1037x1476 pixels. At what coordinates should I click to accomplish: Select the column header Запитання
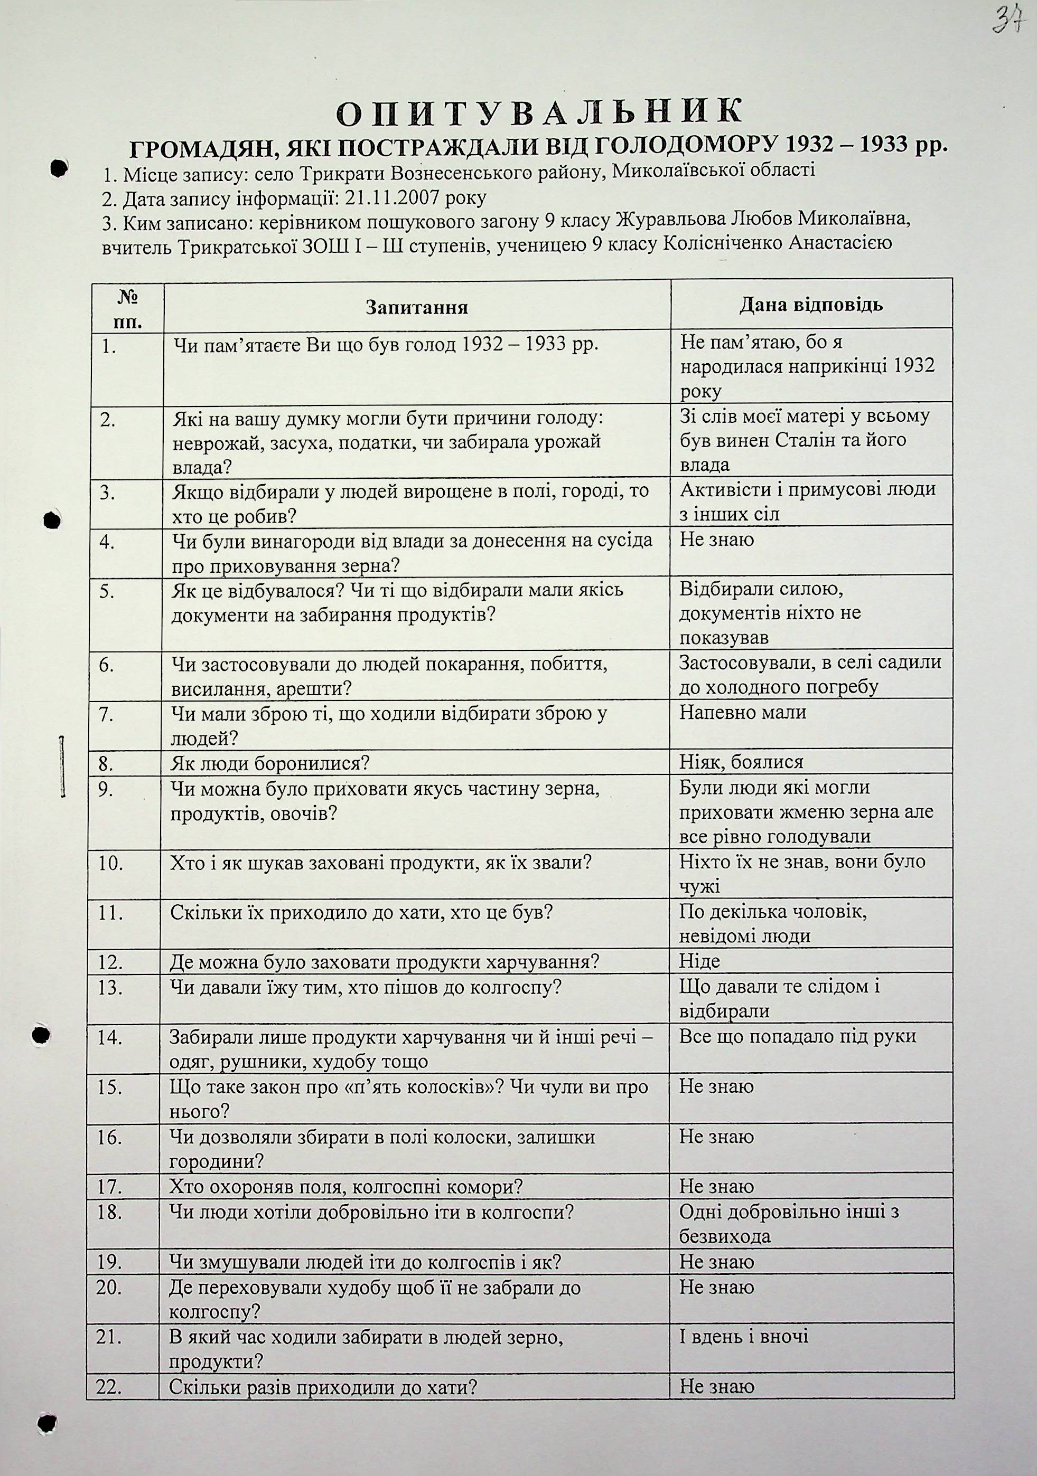pos(417,307)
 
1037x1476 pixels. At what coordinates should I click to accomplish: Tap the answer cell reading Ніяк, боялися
pos(741,762)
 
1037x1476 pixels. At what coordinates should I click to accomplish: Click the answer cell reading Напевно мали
pos(743,712)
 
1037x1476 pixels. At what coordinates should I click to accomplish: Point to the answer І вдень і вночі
pos(744,1337)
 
